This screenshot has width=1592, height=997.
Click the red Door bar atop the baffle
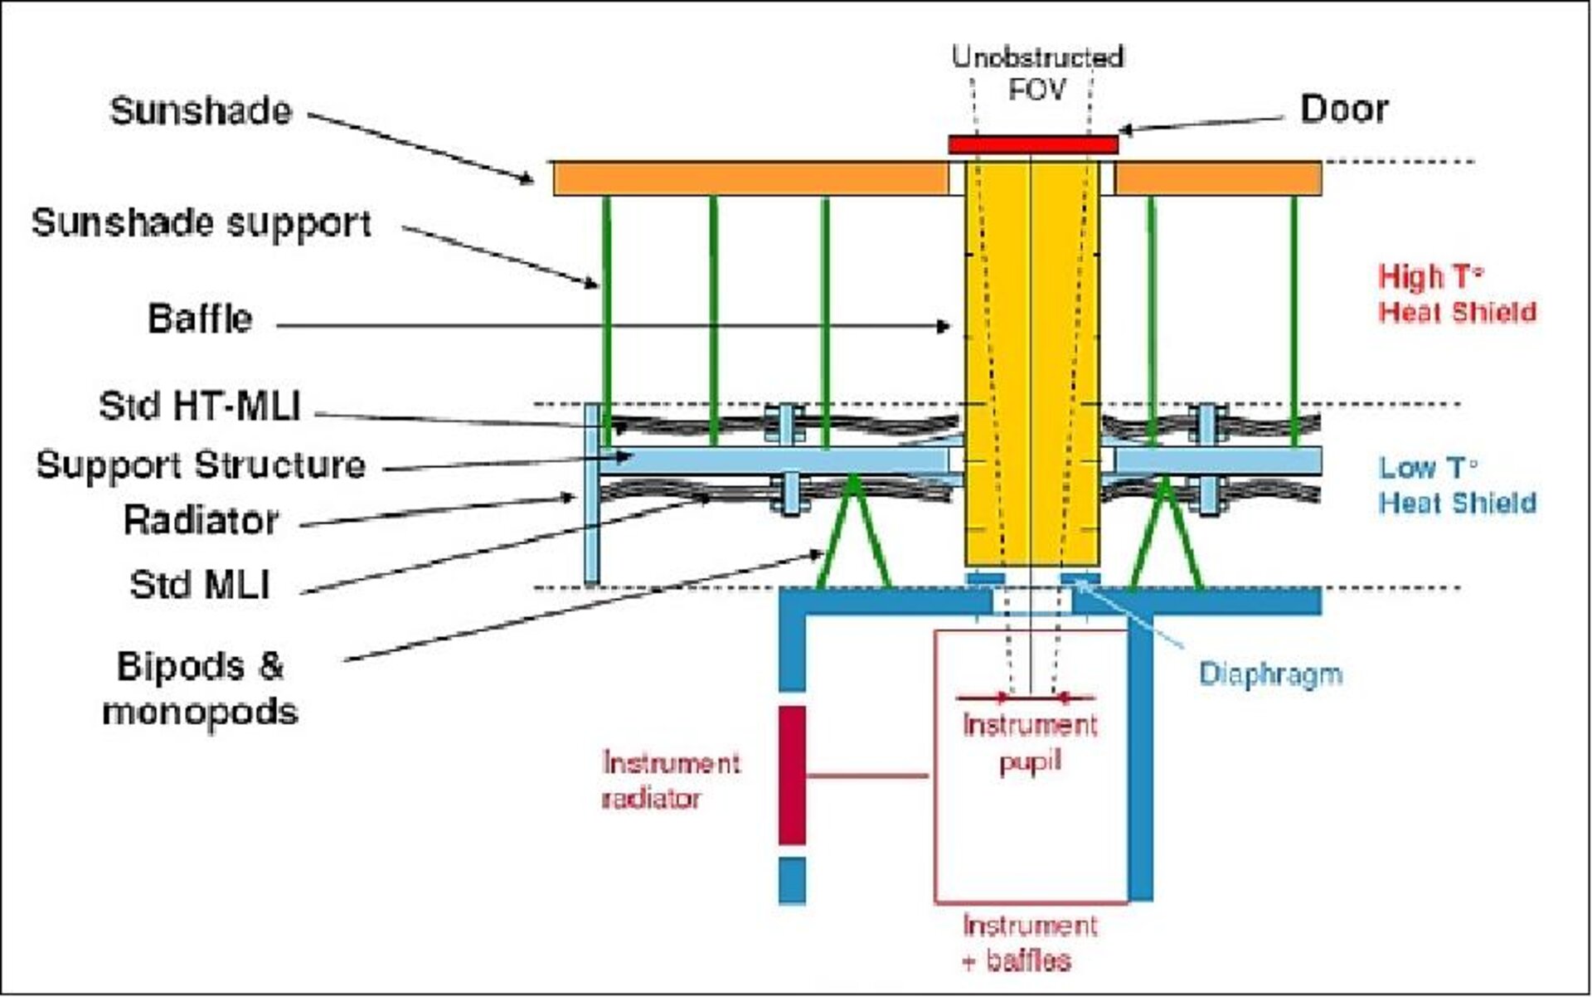[1033, 145]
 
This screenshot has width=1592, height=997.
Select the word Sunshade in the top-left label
[201, 111]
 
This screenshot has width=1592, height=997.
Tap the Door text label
[1343, 109]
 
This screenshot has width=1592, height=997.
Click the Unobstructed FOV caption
[1036, 73]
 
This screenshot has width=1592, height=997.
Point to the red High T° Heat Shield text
[1456, 294]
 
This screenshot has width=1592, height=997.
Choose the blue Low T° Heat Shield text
[1456, 485]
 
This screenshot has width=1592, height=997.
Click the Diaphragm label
[1270, 674]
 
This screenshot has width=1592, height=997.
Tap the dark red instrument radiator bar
[792, 775]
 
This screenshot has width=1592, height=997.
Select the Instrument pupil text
[1030, 743]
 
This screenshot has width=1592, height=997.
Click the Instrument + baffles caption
[1030, 942]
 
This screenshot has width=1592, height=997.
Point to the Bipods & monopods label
[200, 688]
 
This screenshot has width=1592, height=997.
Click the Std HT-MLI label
[199, 406]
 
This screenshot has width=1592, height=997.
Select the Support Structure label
[201, 464]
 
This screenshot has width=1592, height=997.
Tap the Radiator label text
[201, 521]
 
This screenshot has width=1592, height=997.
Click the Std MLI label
[200, 585]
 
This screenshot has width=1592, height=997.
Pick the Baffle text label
[200, 319]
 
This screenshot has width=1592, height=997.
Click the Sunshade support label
[201, 223]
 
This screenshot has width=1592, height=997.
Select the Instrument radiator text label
[670, 781]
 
